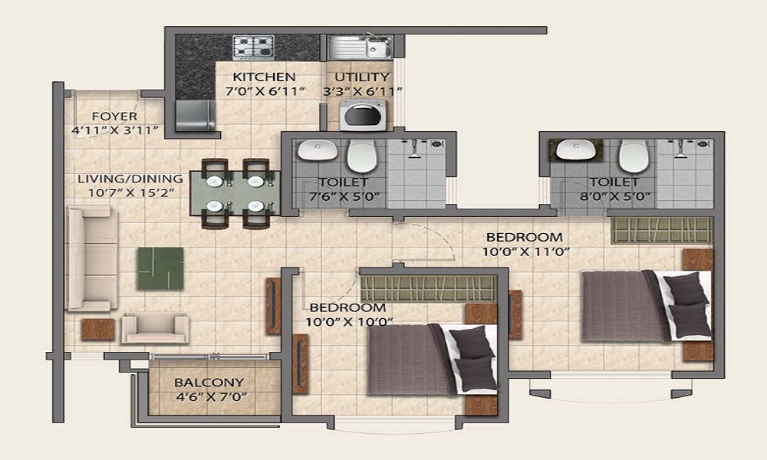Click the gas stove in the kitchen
[x=253, y=48]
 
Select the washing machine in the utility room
[x=363, y=115]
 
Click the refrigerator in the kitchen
[x=195, y=116]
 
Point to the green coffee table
[x=160, y=268]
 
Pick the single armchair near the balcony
[x=155, y=327]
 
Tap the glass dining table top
[x=235, y=193]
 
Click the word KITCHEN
[x=264, y=77]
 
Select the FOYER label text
[x=115, y=117]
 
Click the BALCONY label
[x=209, y=383]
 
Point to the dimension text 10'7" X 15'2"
[x=131, y=192]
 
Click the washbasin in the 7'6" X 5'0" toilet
[x=317, y=149]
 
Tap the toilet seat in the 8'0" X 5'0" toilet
[x=634, y=156]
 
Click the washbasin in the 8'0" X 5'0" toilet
[x=576, y=149]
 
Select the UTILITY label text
[x=362, y=77]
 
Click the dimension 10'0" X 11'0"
[x=526, y=252]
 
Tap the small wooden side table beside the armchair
[x=98, y=330]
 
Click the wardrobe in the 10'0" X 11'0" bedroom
[x=661, y=230]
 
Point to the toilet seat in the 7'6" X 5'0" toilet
[x=361, y=156]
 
